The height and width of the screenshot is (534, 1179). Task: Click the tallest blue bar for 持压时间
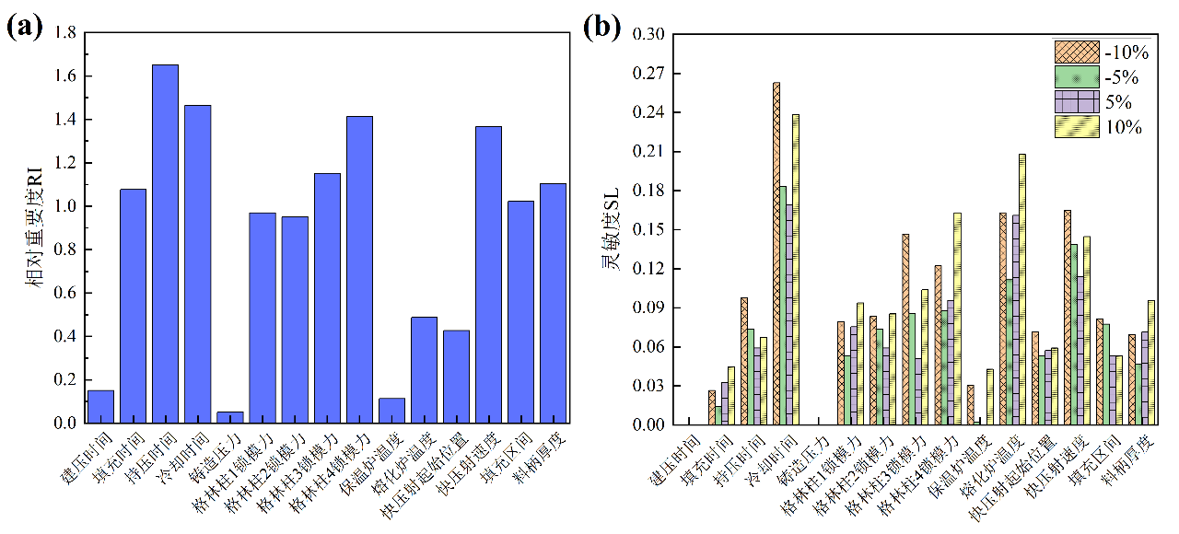165,244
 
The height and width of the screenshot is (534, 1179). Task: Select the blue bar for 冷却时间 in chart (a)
197,264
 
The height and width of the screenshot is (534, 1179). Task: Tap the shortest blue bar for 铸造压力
229,417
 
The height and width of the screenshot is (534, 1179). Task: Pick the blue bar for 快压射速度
488,274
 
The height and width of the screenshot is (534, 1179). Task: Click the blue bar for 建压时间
100,407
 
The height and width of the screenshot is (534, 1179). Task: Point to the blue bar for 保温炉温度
391,411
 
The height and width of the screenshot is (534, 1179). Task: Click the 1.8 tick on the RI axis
65,33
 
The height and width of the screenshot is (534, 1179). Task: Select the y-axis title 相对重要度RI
38,227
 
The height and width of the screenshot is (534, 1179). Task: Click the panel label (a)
24,25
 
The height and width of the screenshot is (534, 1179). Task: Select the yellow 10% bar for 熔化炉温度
1021,289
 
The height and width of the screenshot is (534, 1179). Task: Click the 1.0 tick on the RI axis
65,206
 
